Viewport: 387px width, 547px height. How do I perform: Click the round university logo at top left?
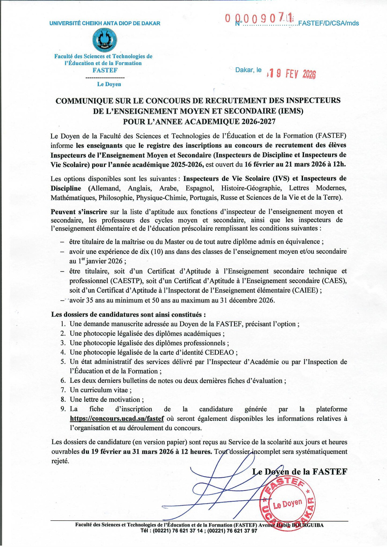click(104, 40)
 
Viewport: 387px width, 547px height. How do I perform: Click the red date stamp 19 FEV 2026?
click(291, 74)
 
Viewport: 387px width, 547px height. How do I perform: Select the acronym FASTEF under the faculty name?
click(105, 70)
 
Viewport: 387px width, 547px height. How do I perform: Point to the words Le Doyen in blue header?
click(109, 84)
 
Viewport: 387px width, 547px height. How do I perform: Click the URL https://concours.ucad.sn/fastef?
click(117, 418)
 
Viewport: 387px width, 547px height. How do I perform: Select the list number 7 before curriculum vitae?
click(63, 390)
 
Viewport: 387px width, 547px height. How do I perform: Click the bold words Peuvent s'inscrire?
click(79, 212)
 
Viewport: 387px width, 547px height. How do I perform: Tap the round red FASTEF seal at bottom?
click(288, 503)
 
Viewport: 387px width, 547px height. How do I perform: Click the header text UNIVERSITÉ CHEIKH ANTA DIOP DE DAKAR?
click(105, 23)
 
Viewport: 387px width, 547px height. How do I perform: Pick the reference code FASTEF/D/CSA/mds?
click(328, 23)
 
